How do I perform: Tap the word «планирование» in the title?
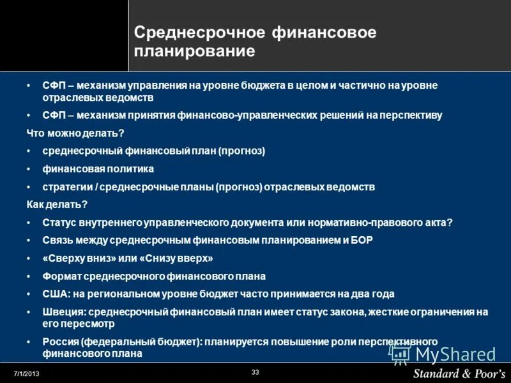[x=194, y=51]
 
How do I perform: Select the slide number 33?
[x=256, y=372]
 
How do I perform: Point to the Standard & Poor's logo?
[x=459, y=373]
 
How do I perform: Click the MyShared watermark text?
[x=455, y=354]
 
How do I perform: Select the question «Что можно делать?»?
[x=75, y=133]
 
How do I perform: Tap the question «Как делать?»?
[x=57, y=204]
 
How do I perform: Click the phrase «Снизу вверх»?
[x=179, y=258]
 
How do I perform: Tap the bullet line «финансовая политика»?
[x=98, y=169]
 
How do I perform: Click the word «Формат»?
[x=60, y=276]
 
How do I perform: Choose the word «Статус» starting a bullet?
[x=59, y=222]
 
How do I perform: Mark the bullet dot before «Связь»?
[x=29, y=240]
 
